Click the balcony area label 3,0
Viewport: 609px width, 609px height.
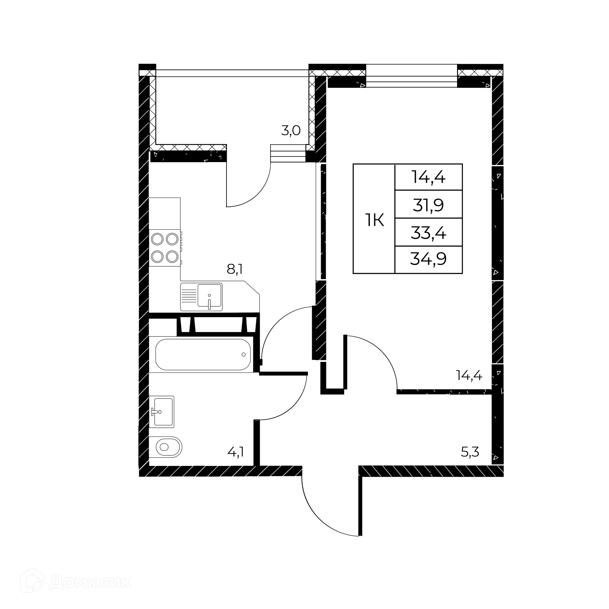pyautogui.click(x=291, y=131)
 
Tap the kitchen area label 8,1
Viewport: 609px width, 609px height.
pyautogui.click(x=235, y=270)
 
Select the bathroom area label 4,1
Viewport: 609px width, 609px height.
pyautogui.click(x=236, y=452)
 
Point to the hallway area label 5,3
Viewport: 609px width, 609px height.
pyautogui.click(x=470, y=452)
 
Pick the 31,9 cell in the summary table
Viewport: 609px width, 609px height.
pyautogui.click(x=428, y=205)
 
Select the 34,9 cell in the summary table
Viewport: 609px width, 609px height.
pyautogui.click(x=429, y=260)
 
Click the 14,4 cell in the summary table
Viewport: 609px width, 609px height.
pyautogui.click(x=429, y=177)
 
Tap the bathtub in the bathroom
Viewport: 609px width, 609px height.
pyautogui.click(x=203, y=355)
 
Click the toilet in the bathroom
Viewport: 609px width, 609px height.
pyautogui.click(x=166, y=447)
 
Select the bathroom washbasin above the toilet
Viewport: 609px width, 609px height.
pyautogui.click(x=162, y=412)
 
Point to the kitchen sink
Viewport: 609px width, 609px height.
pyautogui.click(x=201, y=297)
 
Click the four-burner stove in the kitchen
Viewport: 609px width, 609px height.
pyautogui.click(x=165, y=248)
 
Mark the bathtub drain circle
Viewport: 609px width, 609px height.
pyautogui.click(x=244, y=354)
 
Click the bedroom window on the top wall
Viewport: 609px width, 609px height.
pyautogui.click(x=412, y=76)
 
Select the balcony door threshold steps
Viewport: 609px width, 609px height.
pyautogui.click(x=288, y=154)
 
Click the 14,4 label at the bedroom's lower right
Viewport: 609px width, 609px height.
pyautogui.click(x=469, y=376)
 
